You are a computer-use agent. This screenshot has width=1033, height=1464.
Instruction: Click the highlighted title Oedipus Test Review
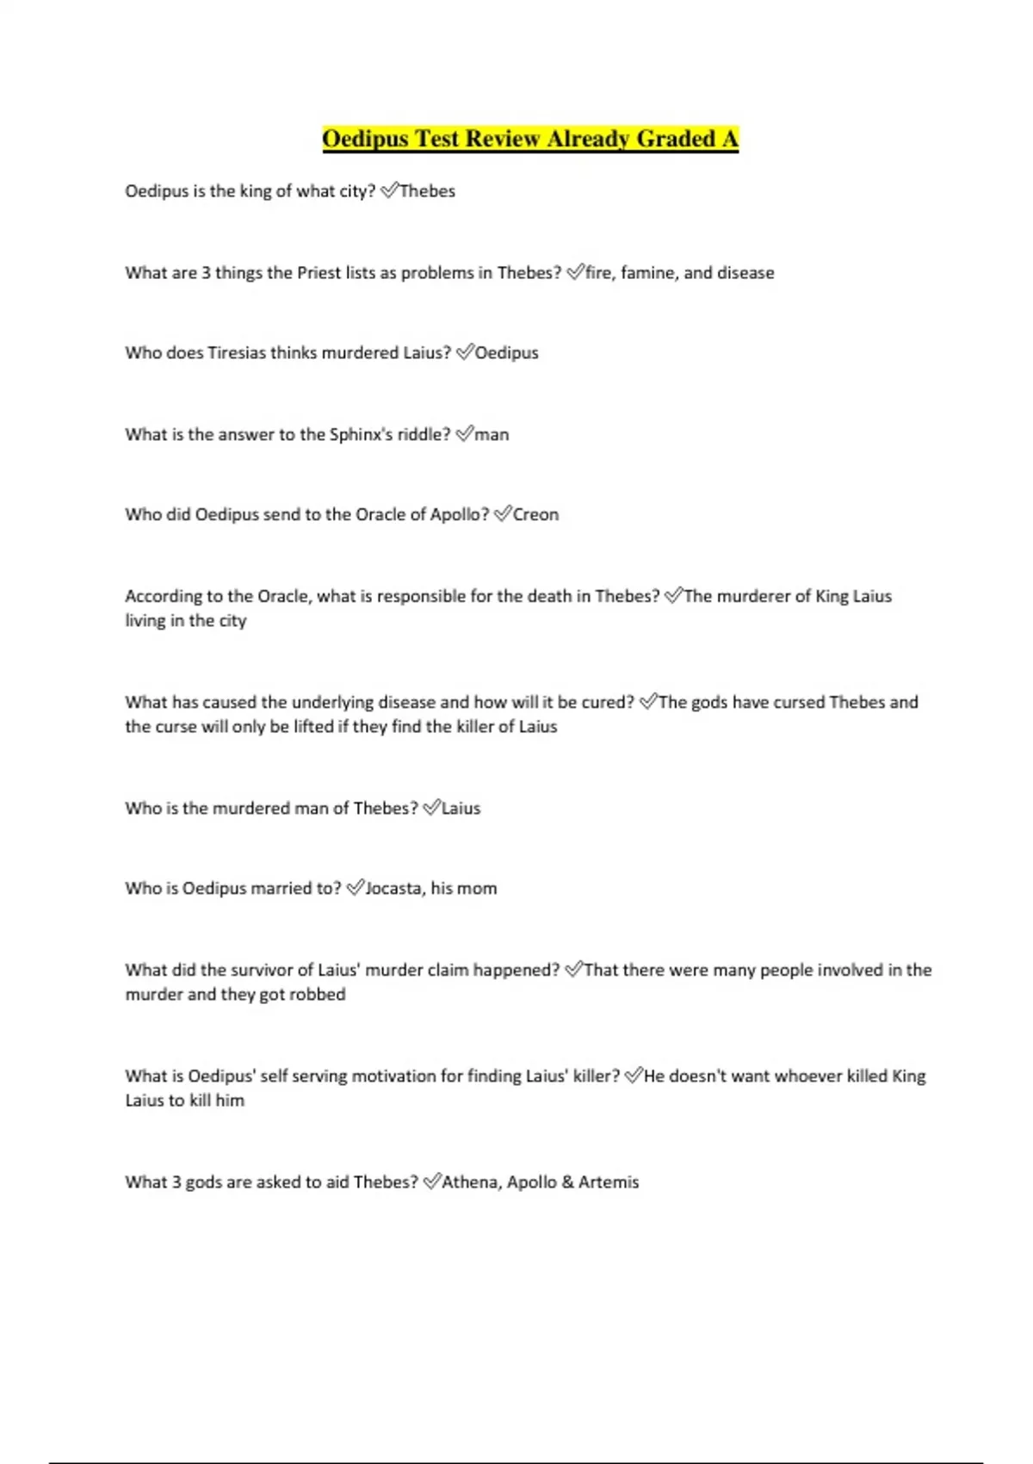530,139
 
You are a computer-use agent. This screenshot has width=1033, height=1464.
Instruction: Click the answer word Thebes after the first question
427,191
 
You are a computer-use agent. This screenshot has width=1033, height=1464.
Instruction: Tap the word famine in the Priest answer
648,273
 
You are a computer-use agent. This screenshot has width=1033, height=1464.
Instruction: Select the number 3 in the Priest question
206,273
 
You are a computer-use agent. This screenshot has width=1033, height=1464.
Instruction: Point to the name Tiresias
236,353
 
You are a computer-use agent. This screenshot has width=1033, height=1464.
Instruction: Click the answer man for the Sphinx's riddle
492,435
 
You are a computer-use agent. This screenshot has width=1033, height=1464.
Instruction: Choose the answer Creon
535,515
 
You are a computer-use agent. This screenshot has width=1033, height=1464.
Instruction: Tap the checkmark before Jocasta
355,888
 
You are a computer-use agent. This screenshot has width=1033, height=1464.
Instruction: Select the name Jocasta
393,889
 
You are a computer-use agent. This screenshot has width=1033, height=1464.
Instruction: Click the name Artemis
609,1182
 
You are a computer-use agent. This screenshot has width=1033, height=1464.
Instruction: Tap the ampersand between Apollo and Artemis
567,1182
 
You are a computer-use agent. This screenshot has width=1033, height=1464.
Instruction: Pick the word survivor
262,971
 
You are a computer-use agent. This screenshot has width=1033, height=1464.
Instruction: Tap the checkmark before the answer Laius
431,808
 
